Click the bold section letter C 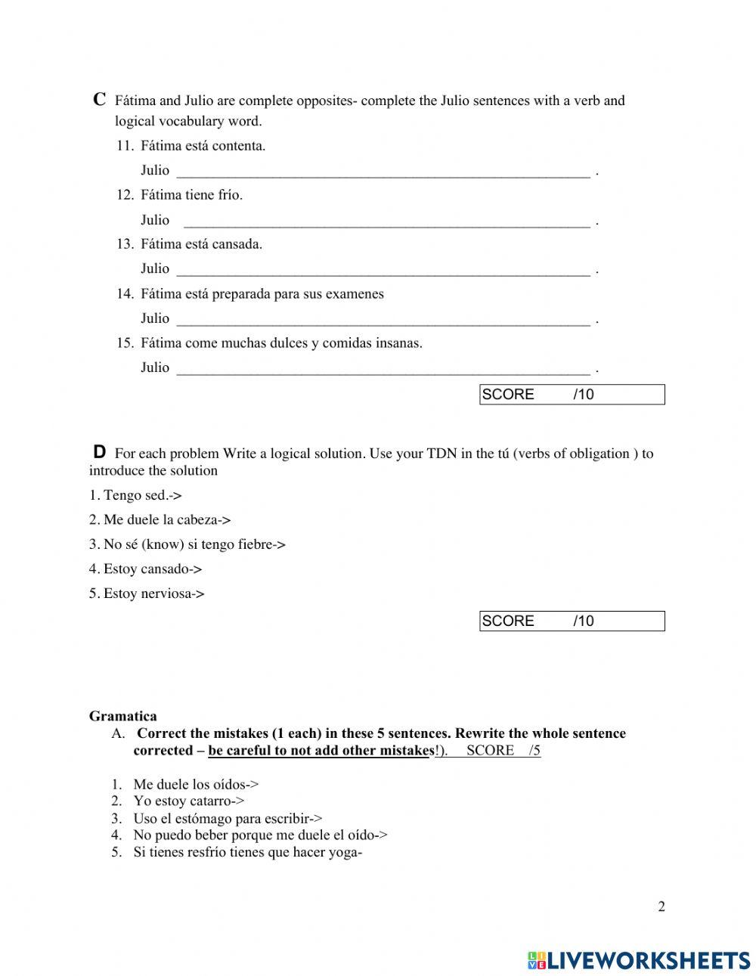click(x=99, y=99)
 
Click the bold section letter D click(x=99, y=452)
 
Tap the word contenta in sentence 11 click(x=240, y=146)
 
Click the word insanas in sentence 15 click(x=398, y=343)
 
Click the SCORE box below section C click(x=572, y=395)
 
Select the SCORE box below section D click(x=572, y=621)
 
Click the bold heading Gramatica click(x=123, y=716)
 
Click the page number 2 click(x=661, y=907)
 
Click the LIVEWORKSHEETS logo click(x=638, y=960)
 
